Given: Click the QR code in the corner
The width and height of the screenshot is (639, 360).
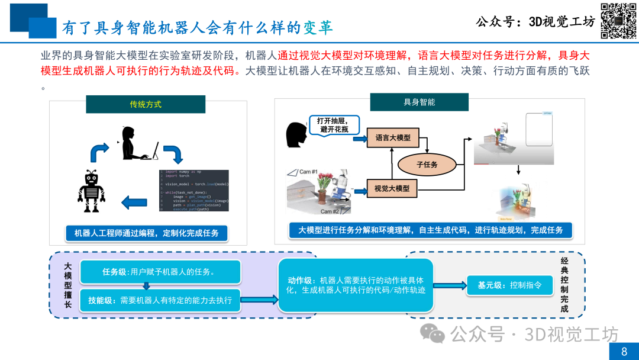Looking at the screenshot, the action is pos(619,21).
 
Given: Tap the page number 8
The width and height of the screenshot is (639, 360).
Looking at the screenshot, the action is pos(624,352).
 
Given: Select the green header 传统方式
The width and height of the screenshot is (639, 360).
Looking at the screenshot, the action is pos(146,104).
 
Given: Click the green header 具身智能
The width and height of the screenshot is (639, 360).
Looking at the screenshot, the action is pos(419,102).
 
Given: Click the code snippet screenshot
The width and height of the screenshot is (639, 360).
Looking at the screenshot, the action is pos(193,190).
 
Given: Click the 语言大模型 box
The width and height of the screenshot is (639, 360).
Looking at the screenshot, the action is pos(392,138).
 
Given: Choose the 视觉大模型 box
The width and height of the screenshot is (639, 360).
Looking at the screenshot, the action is pos(392,189).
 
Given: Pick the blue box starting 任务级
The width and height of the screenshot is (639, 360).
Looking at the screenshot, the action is pos(160,272).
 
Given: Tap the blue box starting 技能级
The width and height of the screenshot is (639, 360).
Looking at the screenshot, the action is pos(160,300).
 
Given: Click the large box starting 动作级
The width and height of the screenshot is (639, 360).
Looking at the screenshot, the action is pos(356,285).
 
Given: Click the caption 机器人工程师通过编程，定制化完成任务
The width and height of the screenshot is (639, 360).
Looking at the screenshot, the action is pos(146,233).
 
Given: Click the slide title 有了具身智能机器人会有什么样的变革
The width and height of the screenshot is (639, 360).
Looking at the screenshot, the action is pos(198,27).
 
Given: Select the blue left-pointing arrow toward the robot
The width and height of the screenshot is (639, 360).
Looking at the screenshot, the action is pos(134,202).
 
